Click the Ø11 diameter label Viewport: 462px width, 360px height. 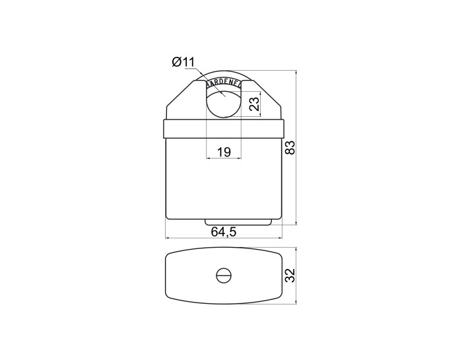(183, 62)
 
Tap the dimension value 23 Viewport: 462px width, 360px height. (255, 104)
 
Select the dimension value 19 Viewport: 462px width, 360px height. (224, 152)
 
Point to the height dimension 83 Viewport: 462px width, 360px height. (290, 148)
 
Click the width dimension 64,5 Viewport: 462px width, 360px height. (224, 232)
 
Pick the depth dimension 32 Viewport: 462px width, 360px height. (290, 275)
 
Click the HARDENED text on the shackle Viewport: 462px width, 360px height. (223, 83)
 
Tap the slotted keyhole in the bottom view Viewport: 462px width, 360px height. (224, 275)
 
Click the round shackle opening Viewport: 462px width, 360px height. (224, 103)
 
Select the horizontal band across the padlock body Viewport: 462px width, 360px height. (224, 129)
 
